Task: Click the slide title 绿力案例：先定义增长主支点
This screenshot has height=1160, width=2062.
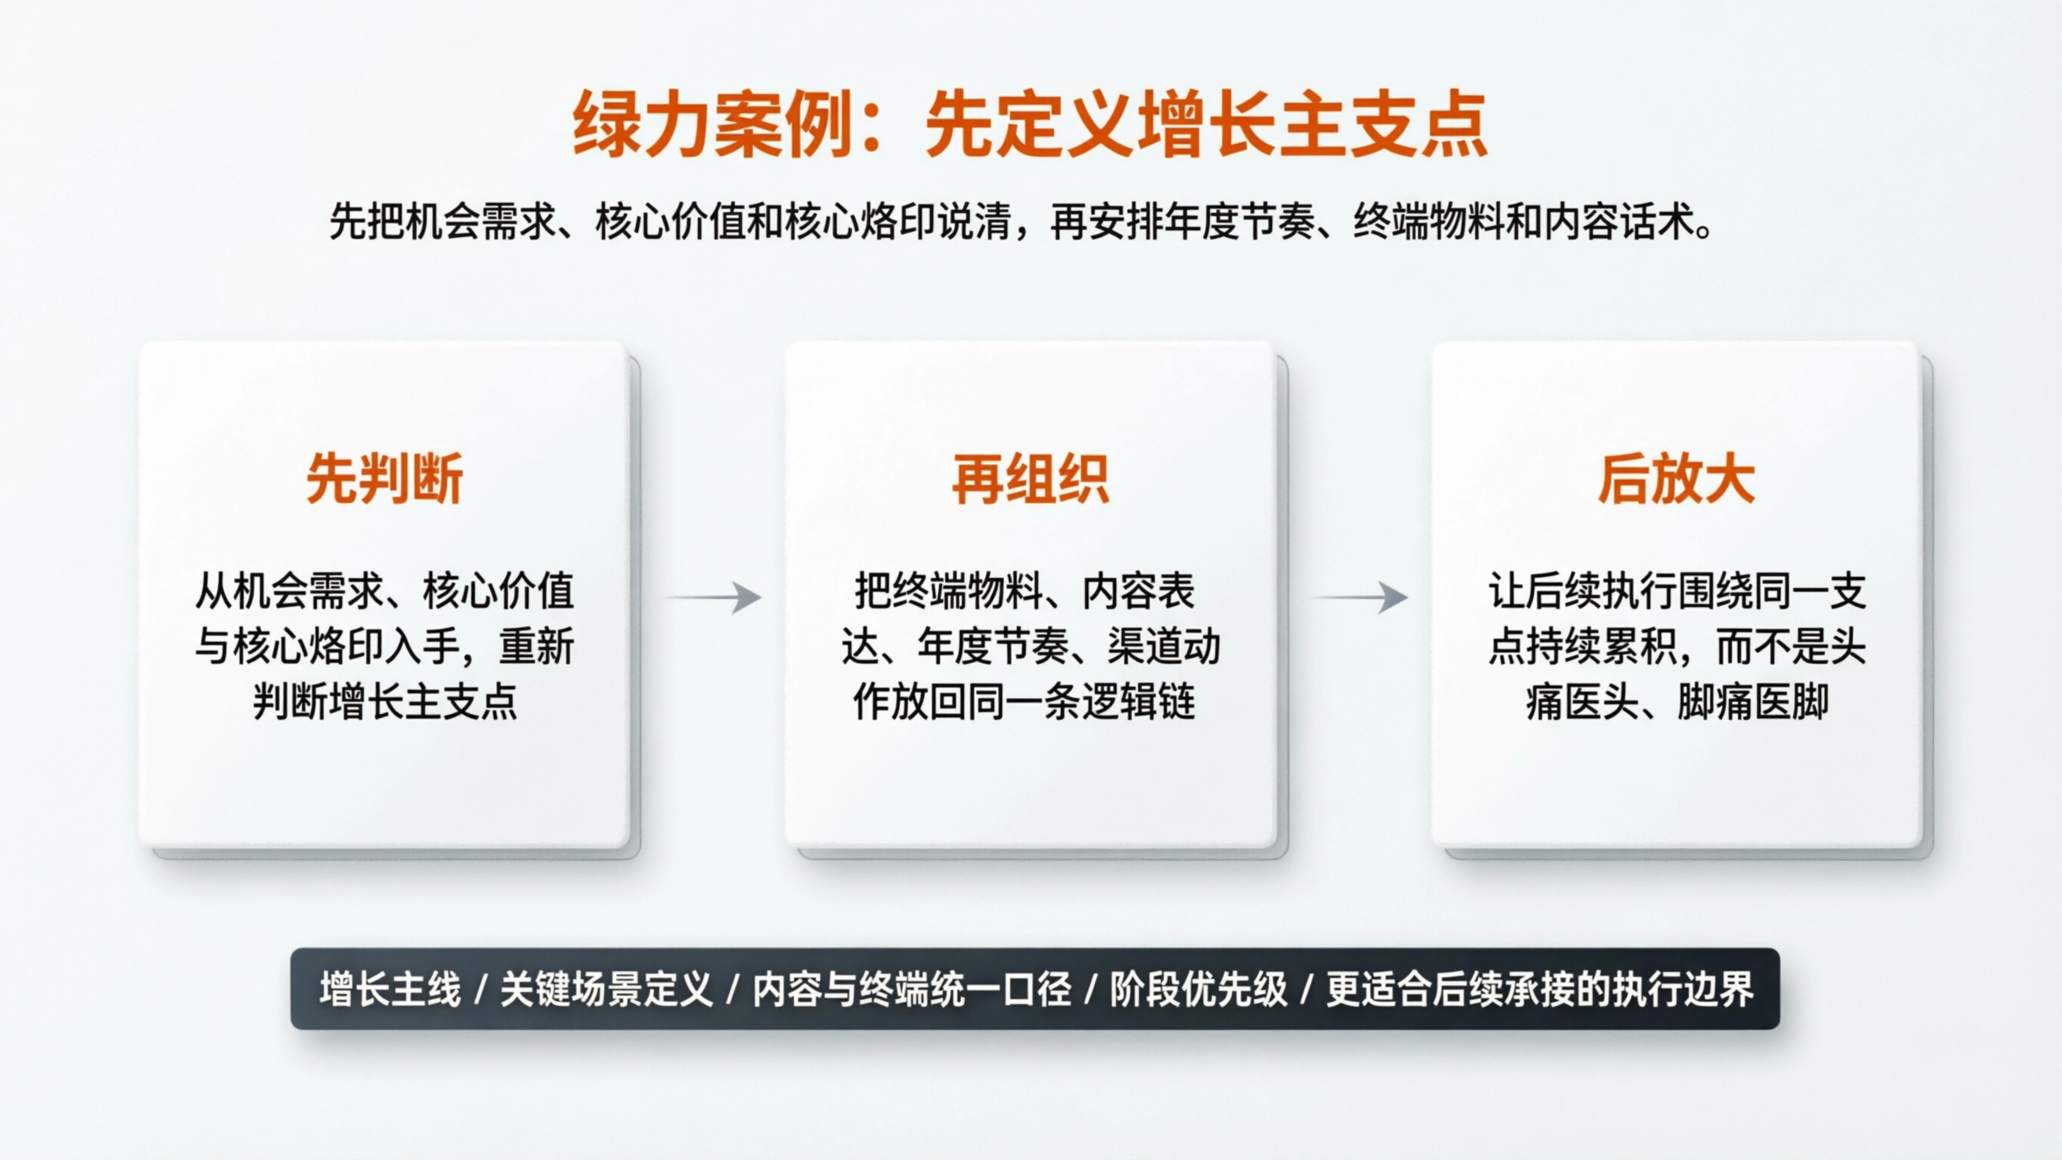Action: (1030, 125)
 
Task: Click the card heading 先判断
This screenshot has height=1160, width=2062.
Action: (385, 479)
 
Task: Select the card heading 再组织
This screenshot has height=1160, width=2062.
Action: (1030, 479)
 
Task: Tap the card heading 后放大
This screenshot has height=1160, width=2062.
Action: (1676, 479)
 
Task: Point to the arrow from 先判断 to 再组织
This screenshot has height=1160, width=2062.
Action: (715, 597)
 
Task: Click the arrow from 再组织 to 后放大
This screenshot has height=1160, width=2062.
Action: (1360, 597)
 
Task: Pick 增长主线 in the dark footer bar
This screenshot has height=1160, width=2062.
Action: (390, 990)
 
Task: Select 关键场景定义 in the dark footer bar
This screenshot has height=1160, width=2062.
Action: (607, 990)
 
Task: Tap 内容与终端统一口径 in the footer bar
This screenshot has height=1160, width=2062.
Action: (911, 990)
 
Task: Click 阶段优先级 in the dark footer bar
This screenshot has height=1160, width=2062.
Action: (1198, 990)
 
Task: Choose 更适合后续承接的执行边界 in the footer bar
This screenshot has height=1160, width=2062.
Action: (1540, 990)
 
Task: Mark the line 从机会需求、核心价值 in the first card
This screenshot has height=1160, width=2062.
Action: (385, 591)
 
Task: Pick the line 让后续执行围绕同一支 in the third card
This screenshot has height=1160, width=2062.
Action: (1676, 591)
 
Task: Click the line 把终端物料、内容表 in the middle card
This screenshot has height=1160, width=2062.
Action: (1024, 591)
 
